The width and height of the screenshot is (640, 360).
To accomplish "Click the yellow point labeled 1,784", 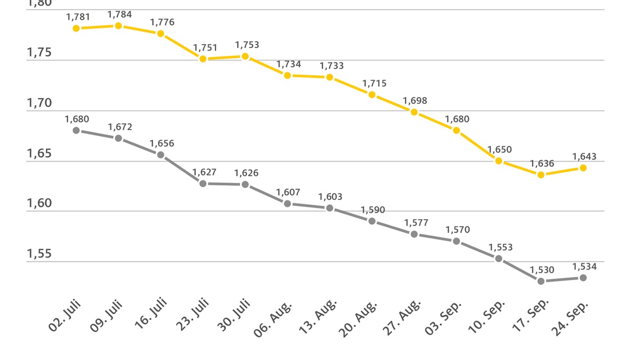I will click(x=118, y=26).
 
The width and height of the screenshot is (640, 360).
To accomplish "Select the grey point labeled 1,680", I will click(x=76, y=130).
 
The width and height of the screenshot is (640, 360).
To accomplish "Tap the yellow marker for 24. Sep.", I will click(x=583, y=167).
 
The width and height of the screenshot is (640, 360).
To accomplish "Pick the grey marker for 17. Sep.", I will click(x=541, y=281).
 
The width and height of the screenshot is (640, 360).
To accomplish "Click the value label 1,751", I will click(x=202, y=47).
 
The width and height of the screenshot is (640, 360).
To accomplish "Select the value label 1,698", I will click(x=414, y=100).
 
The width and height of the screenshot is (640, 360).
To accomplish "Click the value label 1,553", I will click(x=500, y=247).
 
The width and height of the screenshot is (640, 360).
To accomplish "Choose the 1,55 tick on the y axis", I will click(x=39, y=254).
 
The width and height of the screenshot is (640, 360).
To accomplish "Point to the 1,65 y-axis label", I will click(x=39, y=154).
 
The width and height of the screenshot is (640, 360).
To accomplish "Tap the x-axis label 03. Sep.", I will click(x=443, y=318).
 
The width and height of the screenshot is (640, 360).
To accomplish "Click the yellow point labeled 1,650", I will click(x=499, y=161).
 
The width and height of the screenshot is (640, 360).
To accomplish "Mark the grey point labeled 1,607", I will click(x=287, y=203).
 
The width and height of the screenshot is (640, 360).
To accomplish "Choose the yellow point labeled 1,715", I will click(x=372, y=94).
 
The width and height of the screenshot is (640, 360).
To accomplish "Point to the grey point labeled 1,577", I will click(x=414, y=234).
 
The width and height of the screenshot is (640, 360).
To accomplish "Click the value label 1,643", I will click(x=585, y=156).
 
